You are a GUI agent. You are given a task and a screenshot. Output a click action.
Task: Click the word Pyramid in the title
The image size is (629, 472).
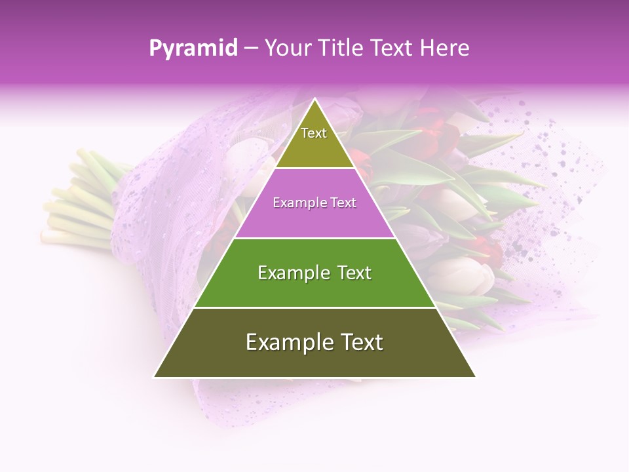click(x=193, y=49)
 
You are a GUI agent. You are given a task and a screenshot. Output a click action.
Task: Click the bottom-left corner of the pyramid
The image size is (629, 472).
click(x=155, y=376)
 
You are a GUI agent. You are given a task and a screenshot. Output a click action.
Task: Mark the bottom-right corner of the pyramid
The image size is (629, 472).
click(x=475, y=376)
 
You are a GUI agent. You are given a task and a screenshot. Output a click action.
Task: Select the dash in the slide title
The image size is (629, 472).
click(x=250, y=49)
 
